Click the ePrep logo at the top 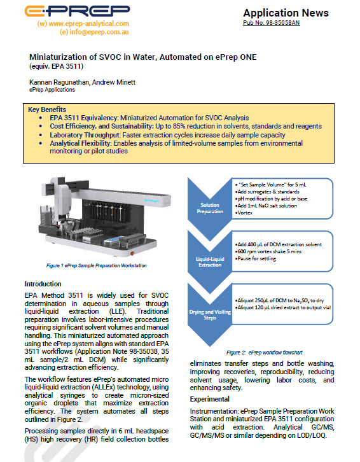(77, 11)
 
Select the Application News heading (286, 13)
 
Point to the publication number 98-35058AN (272, 23)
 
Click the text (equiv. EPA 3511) (56, 66)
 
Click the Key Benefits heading (47, 109)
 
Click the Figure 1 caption (96, 265)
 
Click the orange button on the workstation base (132, 253)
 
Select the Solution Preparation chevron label (210, 208)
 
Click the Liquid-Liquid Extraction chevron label (210, 262)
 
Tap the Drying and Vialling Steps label (210, 314)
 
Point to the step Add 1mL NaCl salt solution (266, 206)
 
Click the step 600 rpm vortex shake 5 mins (268, 251)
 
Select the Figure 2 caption (264, 353)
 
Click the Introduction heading (43, 284)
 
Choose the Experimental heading (209, 399)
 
